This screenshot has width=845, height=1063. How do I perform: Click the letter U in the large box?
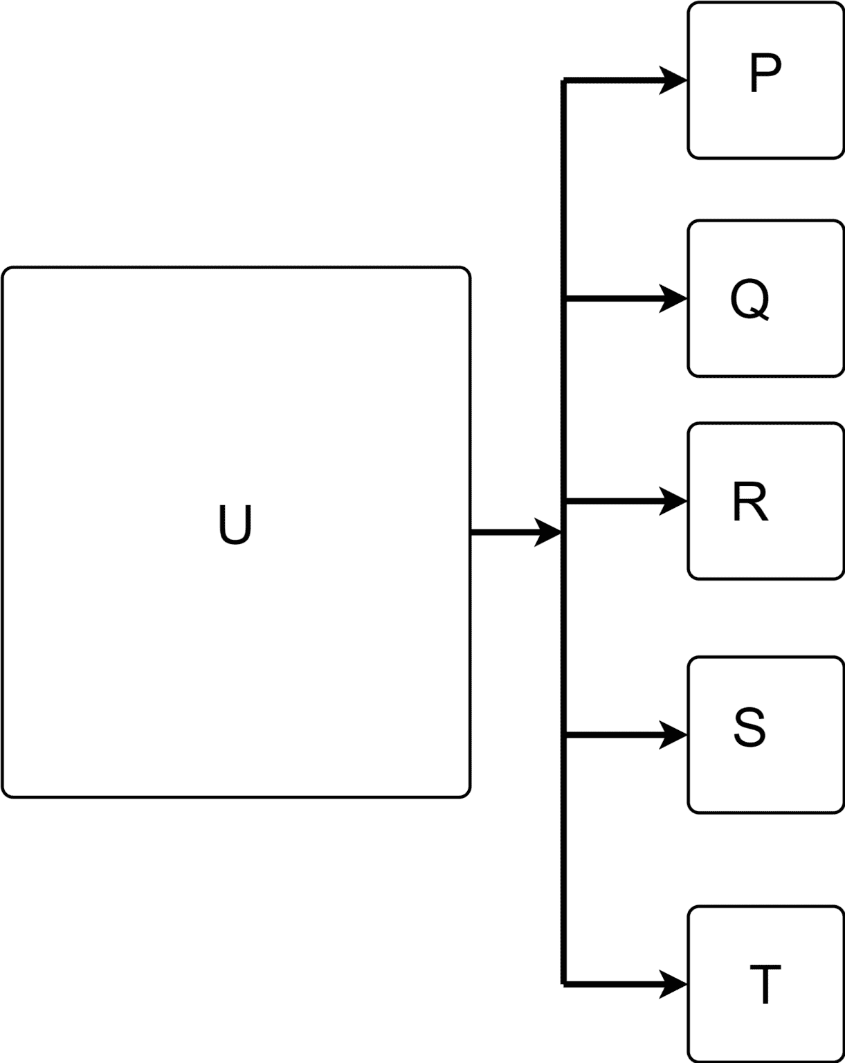click(235, 525)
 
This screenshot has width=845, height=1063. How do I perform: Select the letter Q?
click(749, 300)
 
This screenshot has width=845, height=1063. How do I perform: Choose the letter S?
click(749, 727)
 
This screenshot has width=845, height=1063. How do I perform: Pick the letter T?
click(765, 984)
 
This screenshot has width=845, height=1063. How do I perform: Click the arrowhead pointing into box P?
click(673, 80)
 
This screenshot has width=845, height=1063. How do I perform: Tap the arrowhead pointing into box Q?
click(673, 298)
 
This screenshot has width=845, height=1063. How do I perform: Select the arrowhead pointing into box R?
click(673, 501)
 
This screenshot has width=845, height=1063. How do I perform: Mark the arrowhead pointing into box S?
click(673, 735)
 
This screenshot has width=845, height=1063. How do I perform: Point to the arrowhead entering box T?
click(673, 983)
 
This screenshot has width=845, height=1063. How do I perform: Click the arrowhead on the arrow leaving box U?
click(547, 532)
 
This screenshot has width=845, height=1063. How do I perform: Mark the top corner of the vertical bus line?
click(565, 81)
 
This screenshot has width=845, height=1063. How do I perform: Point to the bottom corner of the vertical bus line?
click(565, 983)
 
